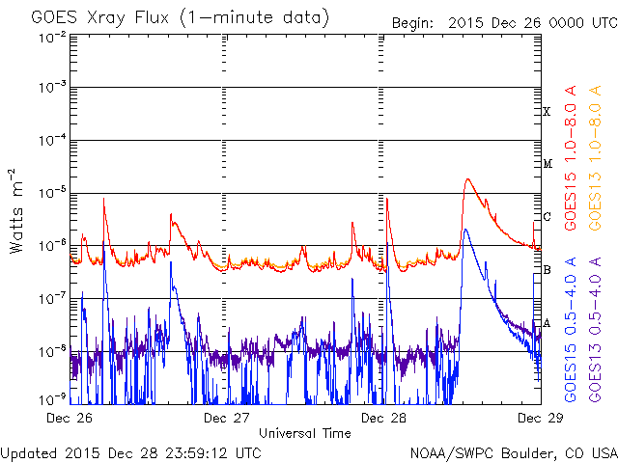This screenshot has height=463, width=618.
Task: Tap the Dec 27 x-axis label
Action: click(226, 418)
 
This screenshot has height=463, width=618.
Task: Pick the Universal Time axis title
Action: click(304, 433)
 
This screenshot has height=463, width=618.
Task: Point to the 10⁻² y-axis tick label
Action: click(53, 37)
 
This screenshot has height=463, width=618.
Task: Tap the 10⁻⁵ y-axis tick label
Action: click(53, 193)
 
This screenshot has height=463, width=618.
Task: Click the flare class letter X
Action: click(547, 112)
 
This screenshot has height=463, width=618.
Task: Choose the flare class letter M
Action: click(547, 164)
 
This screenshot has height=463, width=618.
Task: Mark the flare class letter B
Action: click(547, 269)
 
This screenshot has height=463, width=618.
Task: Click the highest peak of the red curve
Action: click(467, 178)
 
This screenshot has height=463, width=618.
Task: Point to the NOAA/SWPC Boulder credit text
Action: click(512, 452)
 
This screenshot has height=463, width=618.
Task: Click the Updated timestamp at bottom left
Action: click(131, 452)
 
